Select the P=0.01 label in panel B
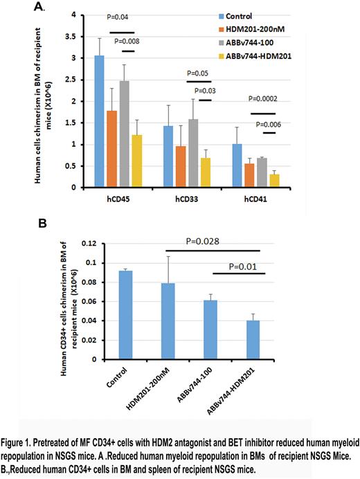click(254, 263)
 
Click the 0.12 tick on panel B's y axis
click(82, 244)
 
